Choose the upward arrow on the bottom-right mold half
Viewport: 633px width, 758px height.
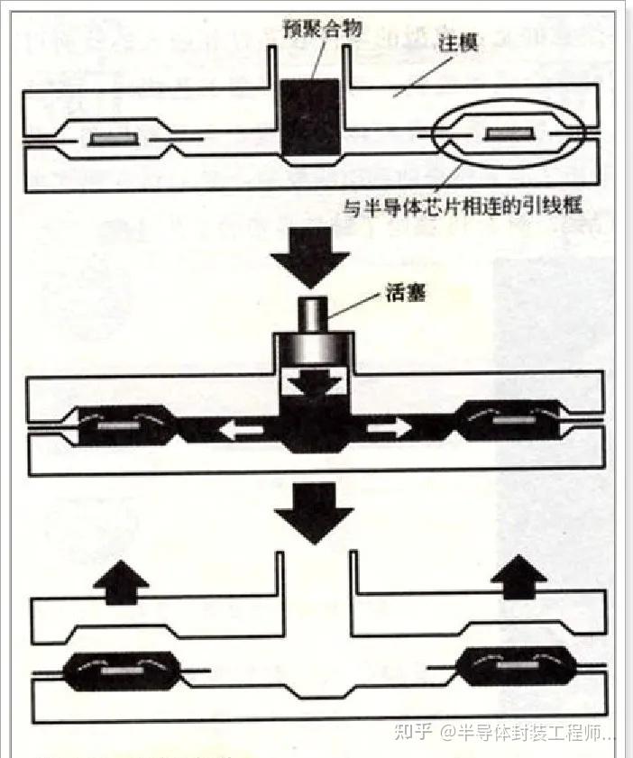click(x=515, y=578)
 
